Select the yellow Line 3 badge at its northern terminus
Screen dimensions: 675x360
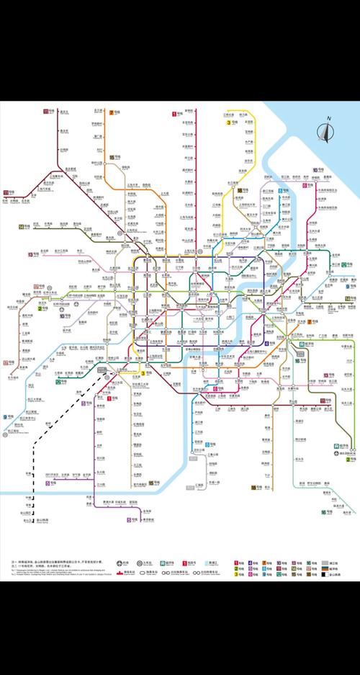coord(228,123)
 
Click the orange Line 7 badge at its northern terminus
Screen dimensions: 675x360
coord(112,112)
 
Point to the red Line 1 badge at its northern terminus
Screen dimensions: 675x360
coord(174,113)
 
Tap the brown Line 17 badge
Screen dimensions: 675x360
coord(6,363)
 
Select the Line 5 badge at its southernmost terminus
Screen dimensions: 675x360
coord(130,519)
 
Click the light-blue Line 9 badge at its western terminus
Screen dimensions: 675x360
coord(5,417)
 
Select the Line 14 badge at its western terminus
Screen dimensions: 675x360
coord(22,226)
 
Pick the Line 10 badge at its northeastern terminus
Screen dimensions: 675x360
coord(315,170)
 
